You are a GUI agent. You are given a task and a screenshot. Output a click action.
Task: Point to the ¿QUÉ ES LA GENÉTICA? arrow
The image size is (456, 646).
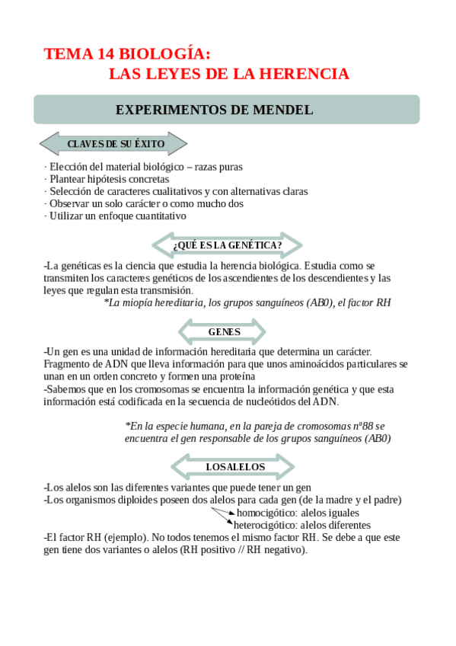pos(227,245)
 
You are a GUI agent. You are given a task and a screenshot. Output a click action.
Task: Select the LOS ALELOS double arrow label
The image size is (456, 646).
pos(235,466)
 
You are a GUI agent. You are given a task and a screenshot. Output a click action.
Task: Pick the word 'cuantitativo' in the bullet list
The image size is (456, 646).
pos(158,216)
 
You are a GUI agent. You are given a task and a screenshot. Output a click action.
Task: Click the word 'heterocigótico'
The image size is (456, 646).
pos(266,525)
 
